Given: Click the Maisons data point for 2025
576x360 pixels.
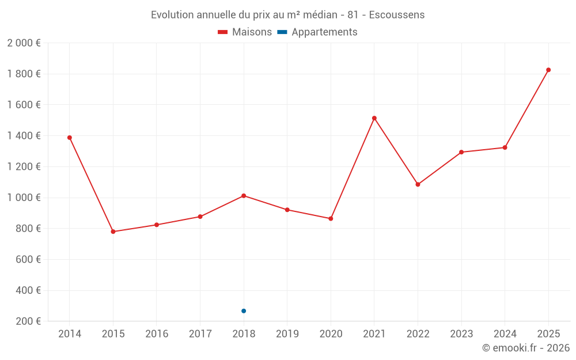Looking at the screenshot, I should tap(548, 70).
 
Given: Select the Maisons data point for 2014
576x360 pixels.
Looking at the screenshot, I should tap(70, 138).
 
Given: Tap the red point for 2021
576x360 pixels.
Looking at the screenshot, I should tap(374, 118).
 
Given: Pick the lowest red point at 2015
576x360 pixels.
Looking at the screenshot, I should tap(113, 232).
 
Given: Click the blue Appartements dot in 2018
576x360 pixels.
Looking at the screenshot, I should tap(244, 311).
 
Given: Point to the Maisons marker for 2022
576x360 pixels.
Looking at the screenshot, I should tap(418, 184).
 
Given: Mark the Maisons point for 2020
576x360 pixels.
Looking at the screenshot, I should tap(331, 219).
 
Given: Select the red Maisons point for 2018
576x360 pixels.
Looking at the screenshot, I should tap(244, 196).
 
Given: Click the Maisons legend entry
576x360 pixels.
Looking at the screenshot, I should tap(245, 32).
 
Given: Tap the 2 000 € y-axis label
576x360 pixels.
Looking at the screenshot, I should tap(24, 43).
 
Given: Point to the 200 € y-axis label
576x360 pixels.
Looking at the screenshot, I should tap(28, 321).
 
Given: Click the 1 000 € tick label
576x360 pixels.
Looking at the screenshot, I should tap(24, 198).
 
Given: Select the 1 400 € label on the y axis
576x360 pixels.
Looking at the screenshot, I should tap(24, 136).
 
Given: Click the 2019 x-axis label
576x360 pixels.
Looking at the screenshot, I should tap(287, 334).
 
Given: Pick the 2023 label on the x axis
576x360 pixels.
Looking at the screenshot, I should tap(461, 334).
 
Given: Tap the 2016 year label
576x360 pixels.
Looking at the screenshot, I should tap(157, 334).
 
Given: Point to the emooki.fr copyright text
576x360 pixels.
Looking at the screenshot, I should tap(526, 348).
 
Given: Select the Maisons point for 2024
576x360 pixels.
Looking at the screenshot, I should tap(505, 147).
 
